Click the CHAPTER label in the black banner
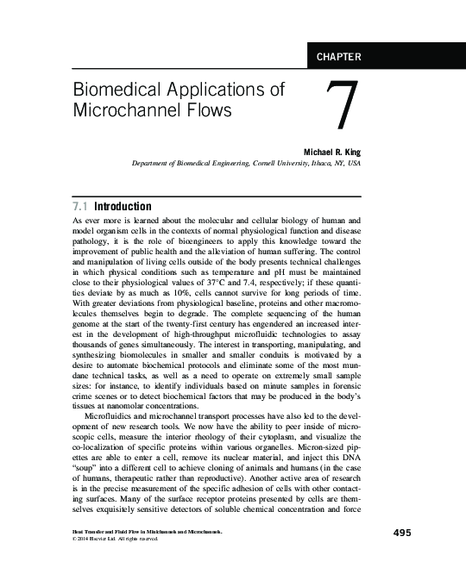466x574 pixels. point(339,58)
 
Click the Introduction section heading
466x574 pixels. point(123,207)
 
